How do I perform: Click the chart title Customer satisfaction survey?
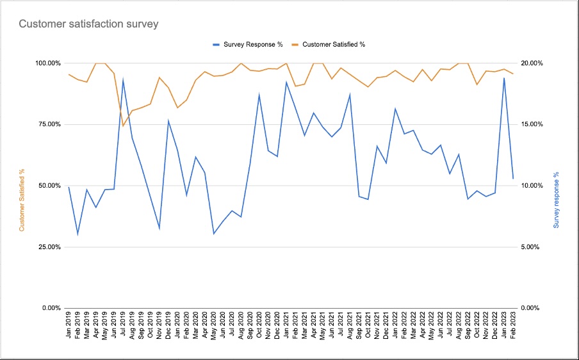[x=88, y=24]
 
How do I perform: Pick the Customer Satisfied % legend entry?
[x=333, y=44]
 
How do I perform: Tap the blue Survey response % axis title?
[x=556, y=200]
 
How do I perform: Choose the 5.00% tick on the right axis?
[x=534, y=247]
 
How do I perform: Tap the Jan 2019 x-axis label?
[x=69, y=326]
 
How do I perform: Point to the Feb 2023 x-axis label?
[x=513, y=326]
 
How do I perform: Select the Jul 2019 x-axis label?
[x=123, y=326]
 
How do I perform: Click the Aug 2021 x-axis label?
[x=350, y=326]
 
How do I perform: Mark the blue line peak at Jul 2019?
[x=123, y=80]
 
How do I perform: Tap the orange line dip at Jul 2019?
[x=123, y=126]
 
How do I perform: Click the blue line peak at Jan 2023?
[x=504, y=78]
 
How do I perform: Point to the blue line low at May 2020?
[x=214, y=234]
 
